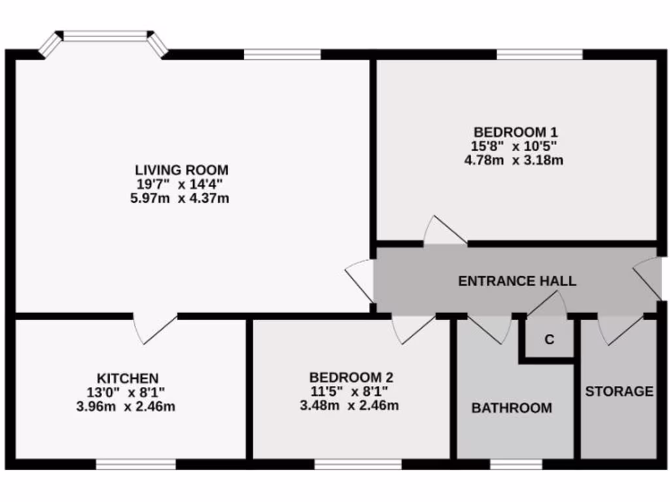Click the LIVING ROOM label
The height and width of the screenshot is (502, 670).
pyautogui.click(x=181, y=171)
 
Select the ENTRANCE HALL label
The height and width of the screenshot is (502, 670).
pyautogui.click(x=517, y=281)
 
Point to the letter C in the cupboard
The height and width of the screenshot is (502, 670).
pyautogui.click(x=550, y=340)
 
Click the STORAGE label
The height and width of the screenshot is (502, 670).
pyautogui.click(x=618, y=392)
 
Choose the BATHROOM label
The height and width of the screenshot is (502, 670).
pyautogui.click(x=512, y=409)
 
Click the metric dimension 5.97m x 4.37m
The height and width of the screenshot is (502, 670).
pyautogui.click(x=180, y=197)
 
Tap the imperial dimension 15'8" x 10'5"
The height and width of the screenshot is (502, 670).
pyautogui.click(x=516, y=146)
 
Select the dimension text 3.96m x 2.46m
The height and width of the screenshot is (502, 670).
pyautogui.click(x=126, y=406)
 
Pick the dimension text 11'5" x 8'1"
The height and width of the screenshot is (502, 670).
pyautogui.click(x=349, y=392)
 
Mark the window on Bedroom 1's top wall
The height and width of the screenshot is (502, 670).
pyautogui.click(x=539, y=54)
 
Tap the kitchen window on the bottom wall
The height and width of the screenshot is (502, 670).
pyautogui.click(x=135, y=464)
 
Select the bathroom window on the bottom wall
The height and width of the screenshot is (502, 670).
pyautogui.click(x=516, y=464)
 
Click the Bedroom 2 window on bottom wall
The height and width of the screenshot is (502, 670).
pyautogui.click(x=357, y=464)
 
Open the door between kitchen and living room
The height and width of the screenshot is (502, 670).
pyautogui.click(x=155, y=327)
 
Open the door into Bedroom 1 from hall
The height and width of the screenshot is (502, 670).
pyautogui.click(x=445, y=234)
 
